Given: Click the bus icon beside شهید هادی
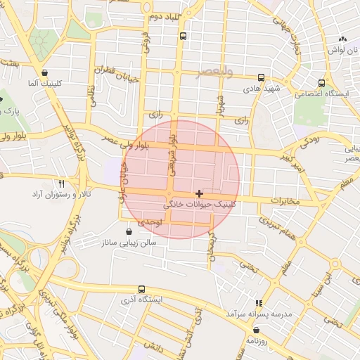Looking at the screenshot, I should [x=262, y=78].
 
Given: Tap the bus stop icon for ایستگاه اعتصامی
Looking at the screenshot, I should [x=321, y=83].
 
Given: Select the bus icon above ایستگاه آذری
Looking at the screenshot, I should [x=142, y=289].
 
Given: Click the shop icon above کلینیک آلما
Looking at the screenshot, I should [x=45, y=72].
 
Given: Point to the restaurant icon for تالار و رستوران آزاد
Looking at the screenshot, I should [x=62, y=182].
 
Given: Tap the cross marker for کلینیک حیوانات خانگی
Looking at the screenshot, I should [x=200, y=193].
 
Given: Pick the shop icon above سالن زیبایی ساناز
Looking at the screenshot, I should [x=128, y=231].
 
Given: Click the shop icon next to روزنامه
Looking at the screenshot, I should [x=255, y=330].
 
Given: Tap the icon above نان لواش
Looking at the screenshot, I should [x=342, y=39].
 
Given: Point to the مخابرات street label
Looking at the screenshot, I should [x=285, y=202].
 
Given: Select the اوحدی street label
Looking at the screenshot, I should [x=150, y=221].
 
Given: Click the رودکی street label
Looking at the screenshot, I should [x=311, y=141].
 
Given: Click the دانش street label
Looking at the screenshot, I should [x=154, y=346].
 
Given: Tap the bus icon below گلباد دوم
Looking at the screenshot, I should [x=183, y=36].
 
